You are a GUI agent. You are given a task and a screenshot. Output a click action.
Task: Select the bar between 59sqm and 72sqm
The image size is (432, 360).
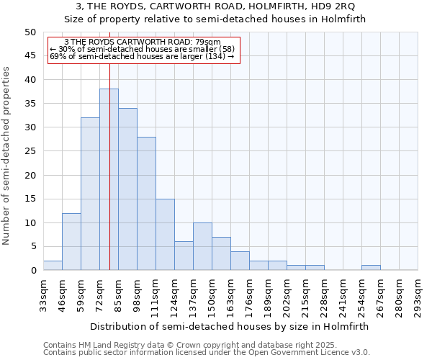click(x=90, y=194)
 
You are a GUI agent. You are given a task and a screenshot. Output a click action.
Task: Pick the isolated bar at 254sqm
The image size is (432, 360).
click(x=371, y=268)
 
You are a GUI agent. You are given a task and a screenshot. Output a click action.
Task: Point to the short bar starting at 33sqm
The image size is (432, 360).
click(x=53, y=266)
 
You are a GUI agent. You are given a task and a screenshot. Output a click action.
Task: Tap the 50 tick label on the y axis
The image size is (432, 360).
click(x=30, y=32)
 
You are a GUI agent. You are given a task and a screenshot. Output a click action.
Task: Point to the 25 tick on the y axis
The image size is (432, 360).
click(x=30, y=151)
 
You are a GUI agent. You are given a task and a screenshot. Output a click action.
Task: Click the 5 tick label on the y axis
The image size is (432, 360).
click(x=32, y=247)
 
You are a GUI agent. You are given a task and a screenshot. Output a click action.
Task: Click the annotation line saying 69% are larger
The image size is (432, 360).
click(x=142, y=56)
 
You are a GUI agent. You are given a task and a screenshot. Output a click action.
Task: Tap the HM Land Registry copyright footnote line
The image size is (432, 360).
click(x=179, y=345)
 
